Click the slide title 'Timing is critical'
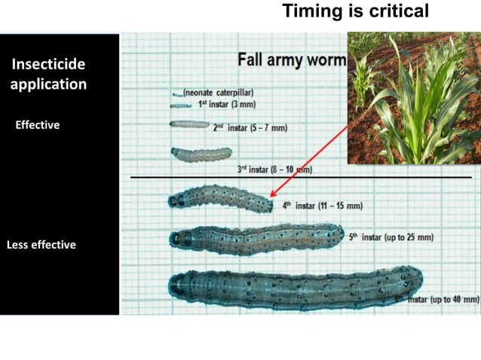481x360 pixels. [x=355, y=11]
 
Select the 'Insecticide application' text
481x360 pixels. [x=48, y=74]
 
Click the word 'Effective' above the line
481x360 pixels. [x=37, y=125]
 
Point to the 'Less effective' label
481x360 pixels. [x=41, y=245]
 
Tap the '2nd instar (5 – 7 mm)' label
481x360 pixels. [x=250, y=128]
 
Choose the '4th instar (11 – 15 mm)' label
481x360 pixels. [x=322, y=205]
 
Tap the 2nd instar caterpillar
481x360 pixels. [x=189, y=124]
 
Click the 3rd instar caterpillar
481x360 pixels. [x=201, y=154]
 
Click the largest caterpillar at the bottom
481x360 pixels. [x=294, y=287]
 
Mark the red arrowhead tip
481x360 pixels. [x=269, y=197]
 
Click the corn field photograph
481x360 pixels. [x=413, y=97]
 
